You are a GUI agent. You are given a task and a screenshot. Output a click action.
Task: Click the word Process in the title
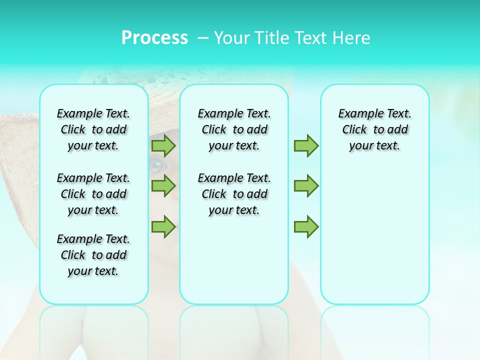pyautogui.click(x=154, y=37)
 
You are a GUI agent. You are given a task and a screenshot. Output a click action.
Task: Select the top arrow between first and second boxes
pyautogui.click(x=163, y=145)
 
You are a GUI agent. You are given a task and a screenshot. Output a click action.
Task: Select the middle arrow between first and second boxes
pyautogui.click(x=163, y=186)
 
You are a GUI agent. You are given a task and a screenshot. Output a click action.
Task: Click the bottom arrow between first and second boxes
pyautogui.click(x=163, y=226)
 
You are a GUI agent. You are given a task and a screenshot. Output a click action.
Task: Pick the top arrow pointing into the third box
pyautogui.click(x=306, y=145)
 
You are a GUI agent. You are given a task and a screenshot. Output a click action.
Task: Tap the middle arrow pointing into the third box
pyautogui.click(x=306, y=186)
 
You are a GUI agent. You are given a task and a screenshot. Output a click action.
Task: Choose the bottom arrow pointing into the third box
pyautogui.click(x=306, y=226)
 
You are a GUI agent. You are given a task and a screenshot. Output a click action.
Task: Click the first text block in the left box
pyautogui.click(x=93, y=129)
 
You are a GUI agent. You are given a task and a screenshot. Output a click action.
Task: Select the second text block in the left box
pyautogui.click(x=93, y=194)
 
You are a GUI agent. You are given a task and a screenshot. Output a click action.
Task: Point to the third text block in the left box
pyautogui.click(x=93, y=255)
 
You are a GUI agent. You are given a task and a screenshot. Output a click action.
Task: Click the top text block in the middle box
pyautogui.click(x=234, y=129)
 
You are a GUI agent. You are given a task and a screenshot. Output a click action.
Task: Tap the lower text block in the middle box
pyautogui.click(x=234, y=194)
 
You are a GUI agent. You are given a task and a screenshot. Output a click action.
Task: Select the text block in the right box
pyautogui.click(x=374, y=129)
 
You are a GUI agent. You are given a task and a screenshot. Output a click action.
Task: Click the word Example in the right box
pyautogui.click(x=358, y=114)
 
